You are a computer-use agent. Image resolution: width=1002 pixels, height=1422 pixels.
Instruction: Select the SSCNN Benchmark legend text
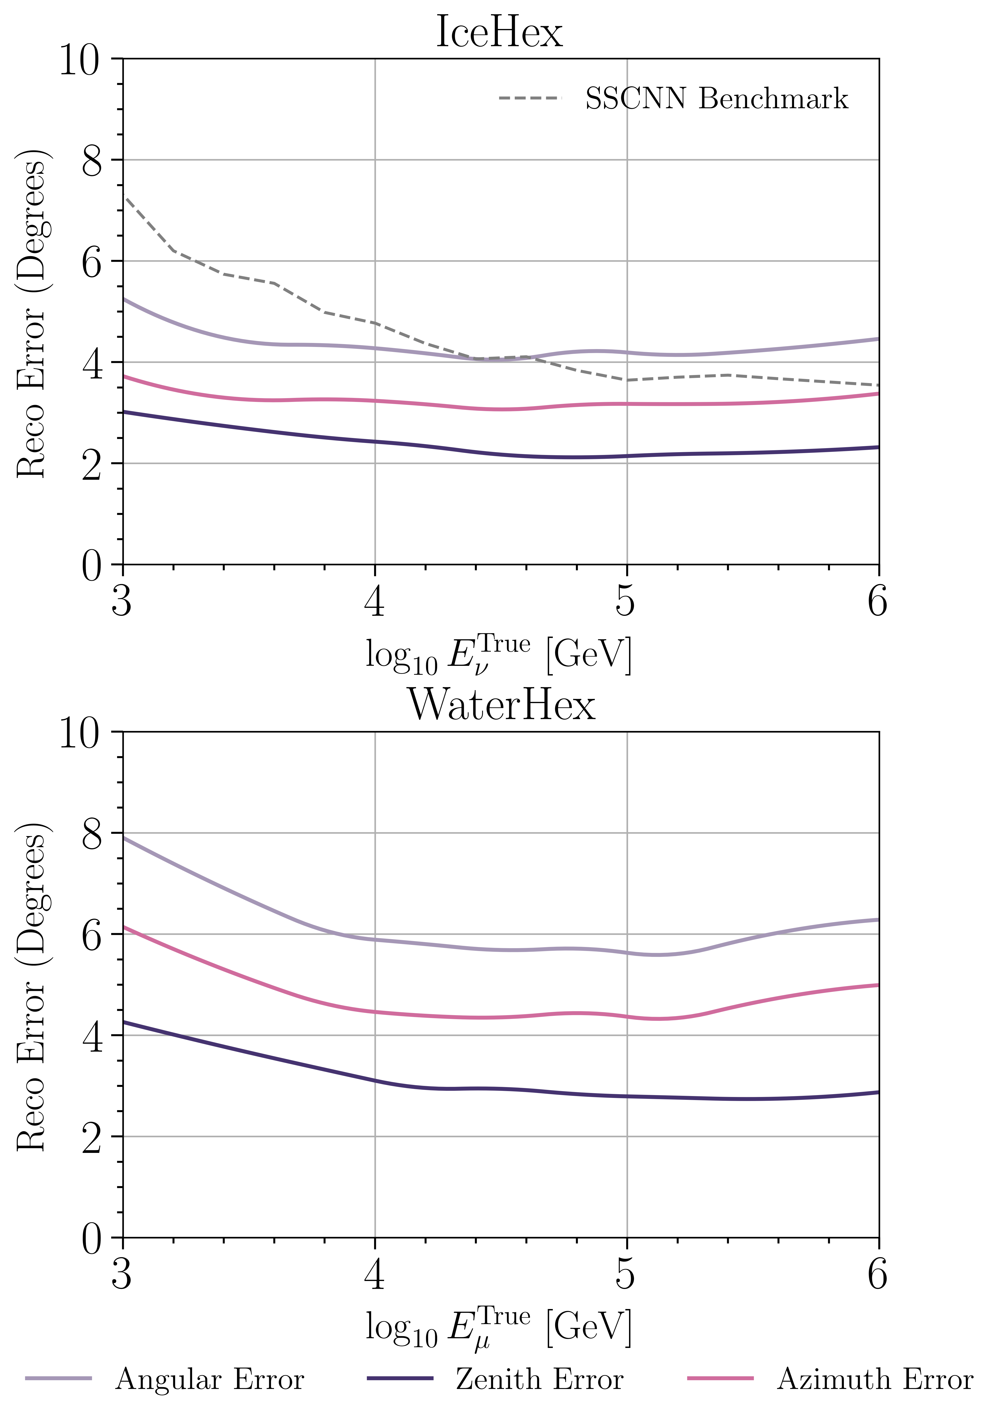pyautogui.click(x=716, y=99)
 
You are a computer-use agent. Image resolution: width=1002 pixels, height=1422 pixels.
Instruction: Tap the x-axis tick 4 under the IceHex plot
pyautogui.click(x=374, y=601)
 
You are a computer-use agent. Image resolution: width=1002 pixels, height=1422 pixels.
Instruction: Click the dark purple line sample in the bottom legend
pyautogui.click(x=400, y=1378)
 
